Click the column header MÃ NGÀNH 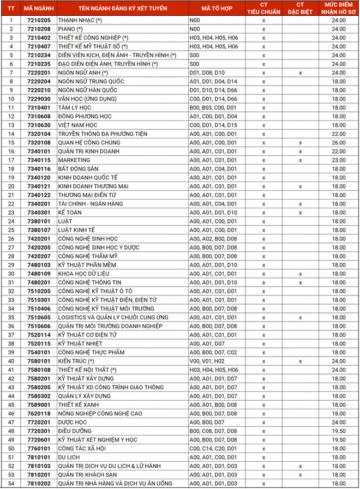click(x=39, y=8)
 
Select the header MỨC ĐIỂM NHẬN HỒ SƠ click(x=339, y=8)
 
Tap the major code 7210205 click(x=39, y=20)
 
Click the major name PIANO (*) click(x=70, y=29)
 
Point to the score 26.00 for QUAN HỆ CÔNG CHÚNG click(x=339, y=143)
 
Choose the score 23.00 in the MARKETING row click(x=339, y=160)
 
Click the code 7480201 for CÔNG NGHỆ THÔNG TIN click(x=39, y=282)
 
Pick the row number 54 click(x=11, y=484)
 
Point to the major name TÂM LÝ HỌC click(x=75, y=108)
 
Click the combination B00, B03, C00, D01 click(x=213, y=108)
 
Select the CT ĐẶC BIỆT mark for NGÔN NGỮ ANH click(x=300, y=73)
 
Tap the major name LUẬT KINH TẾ click(x=76, y=230)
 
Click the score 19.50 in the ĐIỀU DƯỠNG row click(x=339, y=431)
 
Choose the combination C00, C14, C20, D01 click(x=213, y=449)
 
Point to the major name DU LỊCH click(x=69, y=457)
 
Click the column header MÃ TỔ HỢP click(x=213, y=8)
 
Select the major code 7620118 click(x=39, y=414)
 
